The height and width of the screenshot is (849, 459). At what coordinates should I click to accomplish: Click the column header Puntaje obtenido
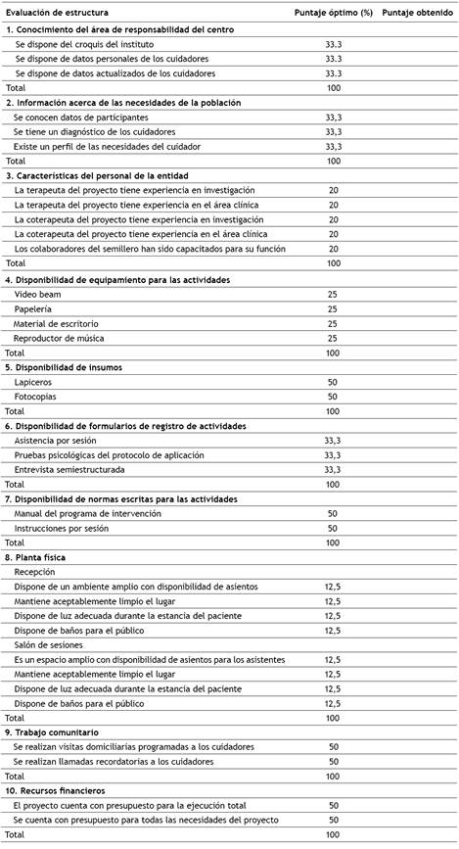pyautogui.click(x=416, y=12)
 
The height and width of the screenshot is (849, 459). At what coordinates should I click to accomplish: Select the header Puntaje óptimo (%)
pyautogui.click(x=333, y=12)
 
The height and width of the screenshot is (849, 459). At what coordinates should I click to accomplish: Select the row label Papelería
pyautogui.click(x=33, y=309)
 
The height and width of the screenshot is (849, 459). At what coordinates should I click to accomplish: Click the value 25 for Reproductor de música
pyautogui.click(x=334, y=338)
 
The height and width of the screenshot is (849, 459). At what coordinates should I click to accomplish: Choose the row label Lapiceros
pyautogui.click(x=34, y=382)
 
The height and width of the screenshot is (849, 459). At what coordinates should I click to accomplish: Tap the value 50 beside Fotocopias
pyautogui.click(x=334, y=397)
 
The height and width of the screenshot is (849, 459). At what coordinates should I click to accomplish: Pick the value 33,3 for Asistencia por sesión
pyautogui.click(x=334, y=441)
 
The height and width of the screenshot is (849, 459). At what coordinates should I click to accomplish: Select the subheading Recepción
pyautogui.click(x=35, y=571)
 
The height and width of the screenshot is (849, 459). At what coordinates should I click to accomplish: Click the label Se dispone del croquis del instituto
pyautogui.click(x=84, y=45)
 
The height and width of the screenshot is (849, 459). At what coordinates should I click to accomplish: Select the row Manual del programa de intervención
pyautogui.click(x=88, y=513)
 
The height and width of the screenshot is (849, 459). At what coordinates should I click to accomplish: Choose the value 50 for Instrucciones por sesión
pyautogui.click(x=334, y=528)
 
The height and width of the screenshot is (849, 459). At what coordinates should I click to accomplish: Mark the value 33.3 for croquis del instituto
pyautogui.click(x=334, y=45)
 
